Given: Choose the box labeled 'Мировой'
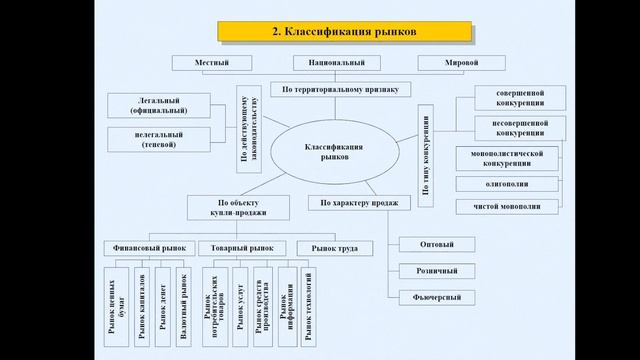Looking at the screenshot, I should click(x=461, y=63).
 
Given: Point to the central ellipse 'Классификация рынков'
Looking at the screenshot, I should click(x=334, y=152).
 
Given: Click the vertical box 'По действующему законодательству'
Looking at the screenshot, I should click(x=248, y=129).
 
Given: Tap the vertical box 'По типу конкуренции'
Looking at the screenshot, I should click(x=425, y=157).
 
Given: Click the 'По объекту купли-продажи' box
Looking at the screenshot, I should click(x=237, y=207).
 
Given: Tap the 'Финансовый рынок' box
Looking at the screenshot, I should click(x=147, y=247).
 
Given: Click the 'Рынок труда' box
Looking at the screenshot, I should click(x=334, y=247).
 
